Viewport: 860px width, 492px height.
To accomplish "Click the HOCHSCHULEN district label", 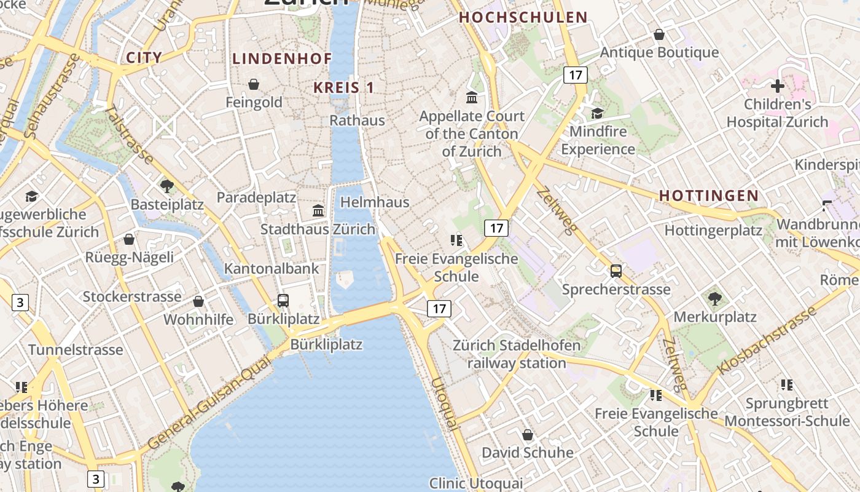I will (x=523, y=17).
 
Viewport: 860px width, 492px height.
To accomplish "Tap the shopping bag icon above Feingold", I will (x=254, y=84).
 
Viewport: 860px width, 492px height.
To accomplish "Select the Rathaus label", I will (x=358, y=120).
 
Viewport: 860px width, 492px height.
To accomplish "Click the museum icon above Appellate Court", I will (x=472, y=97).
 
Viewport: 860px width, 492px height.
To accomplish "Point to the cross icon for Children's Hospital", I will (x=778, y=86).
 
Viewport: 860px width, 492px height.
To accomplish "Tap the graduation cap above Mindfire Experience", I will (x=597, y=113).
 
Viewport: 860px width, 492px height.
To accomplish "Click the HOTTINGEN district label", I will (x=708, y=196).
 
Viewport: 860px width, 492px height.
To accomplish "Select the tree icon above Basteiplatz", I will (x=166, y=185).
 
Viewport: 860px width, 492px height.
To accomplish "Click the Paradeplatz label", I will (x=256, y=197).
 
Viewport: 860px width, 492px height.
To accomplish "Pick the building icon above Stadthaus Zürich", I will (x=318, y=210).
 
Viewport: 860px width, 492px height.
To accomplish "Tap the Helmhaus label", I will (x=375, y=202).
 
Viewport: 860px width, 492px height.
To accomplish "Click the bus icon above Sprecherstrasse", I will (x=616, y=271).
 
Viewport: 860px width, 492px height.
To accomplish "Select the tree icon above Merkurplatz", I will (x=714, y=299).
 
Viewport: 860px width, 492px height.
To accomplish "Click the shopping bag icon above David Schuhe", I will (x=527, y=435).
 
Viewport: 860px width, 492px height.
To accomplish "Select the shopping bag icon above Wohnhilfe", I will (x=198, y=301).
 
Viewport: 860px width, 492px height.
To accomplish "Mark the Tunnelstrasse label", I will (x=76, y=350).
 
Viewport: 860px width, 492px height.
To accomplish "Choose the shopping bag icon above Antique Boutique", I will (x=659, y=34).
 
